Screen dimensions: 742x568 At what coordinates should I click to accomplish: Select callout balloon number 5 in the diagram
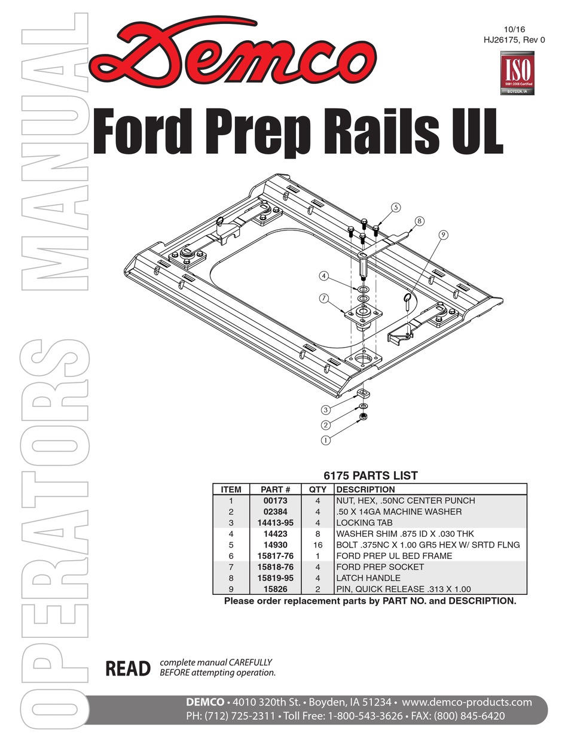coord(395,208)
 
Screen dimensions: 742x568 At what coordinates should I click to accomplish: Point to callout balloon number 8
coord(419,221)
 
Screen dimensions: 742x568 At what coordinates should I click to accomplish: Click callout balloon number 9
coord(442,235)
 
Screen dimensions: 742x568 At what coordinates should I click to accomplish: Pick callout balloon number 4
coord(324,276)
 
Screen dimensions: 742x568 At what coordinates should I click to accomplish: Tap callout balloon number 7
coord(324,297)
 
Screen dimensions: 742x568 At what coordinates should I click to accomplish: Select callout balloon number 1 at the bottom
coord(326,440)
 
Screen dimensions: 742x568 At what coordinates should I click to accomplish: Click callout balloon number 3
coord(326,410)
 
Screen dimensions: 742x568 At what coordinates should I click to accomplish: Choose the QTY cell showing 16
coord(318,545)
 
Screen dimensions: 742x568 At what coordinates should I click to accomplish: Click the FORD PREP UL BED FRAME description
coord(394,556)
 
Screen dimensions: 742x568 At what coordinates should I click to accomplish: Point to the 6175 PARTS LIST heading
coord(370,476)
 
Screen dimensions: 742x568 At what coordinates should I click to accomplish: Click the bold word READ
coord(128,668)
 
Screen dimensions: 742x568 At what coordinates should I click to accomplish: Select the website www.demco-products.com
coord(466,702)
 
